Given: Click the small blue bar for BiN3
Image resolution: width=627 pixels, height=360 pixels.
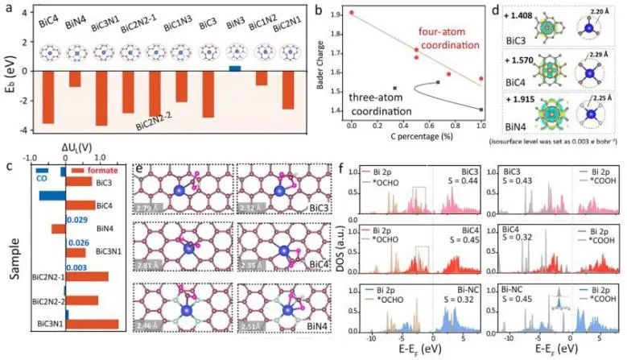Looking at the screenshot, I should click(x=234, y=68).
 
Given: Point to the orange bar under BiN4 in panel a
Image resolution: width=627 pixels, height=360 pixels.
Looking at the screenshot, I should click(x=75, y=79).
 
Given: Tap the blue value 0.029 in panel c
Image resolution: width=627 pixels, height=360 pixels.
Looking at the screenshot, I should click(x=77, y=220).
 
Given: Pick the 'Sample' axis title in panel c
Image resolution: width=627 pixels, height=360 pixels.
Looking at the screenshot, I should click(x=14, y=258).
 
